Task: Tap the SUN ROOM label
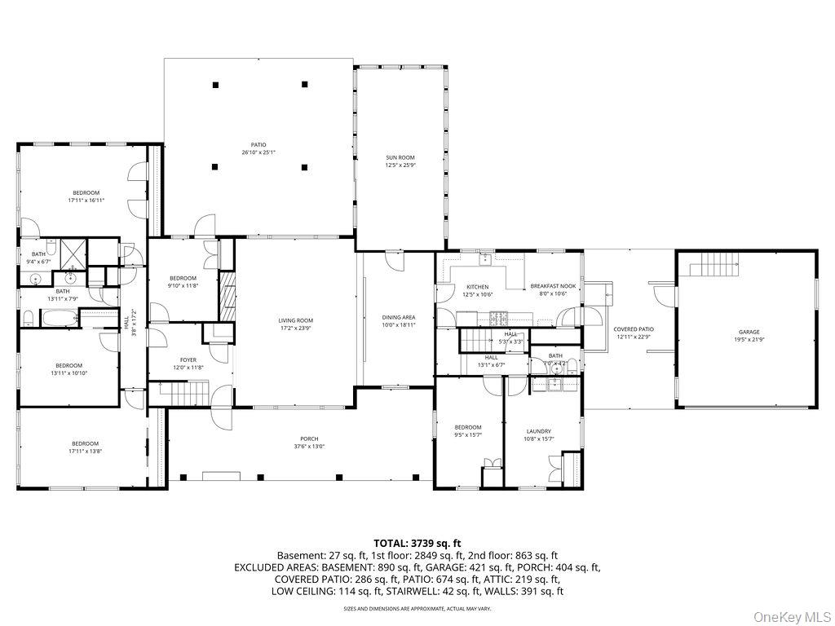pos(400,157)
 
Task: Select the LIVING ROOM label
pos(295,320)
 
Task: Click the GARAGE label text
pos(749,332)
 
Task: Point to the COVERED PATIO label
pos(634,329)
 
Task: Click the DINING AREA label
pos(399,317)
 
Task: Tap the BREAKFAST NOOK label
pos(554,286)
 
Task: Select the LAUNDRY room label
pos(538,431)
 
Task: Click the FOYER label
pos(188,359)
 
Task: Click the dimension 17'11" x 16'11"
pos(86,200)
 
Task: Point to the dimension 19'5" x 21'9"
pos(749,339)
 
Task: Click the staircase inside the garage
pos(713,265)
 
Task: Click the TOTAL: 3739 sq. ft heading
pos(417,542)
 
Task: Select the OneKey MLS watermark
pos(790,613)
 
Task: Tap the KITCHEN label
pos(477,286)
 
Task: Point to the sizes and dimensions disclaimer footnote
pos(417,608)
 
